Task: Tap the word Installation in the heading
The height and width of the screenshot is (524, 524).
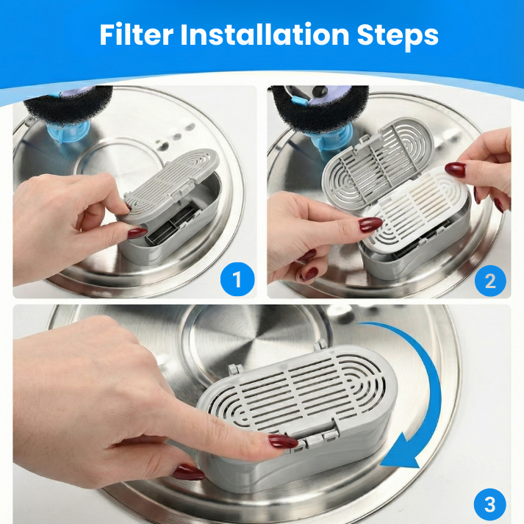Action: (x=271, y=35)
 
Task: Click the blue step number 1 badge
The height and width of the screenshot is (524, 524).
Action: (x=237, y=280)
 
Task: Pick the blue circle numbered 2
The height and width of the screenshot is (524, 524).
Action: (x=490, y=280)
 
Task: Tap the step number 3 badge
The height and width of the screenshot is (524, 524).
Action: (x=490, y=505)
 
